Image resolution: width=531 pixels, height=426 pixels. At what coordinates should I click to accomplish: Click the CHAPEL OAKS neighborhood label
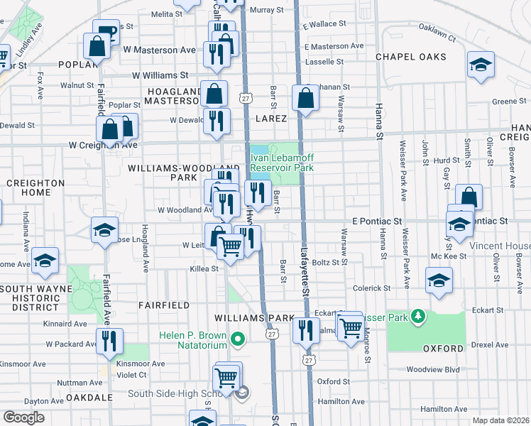coord(410,57)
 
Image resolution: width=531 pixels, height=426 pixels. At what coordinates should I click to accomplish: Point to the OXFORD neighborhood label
coord(442,349)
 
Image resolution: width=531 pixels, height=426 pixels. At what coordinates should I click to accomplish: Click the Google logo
coord(23,417)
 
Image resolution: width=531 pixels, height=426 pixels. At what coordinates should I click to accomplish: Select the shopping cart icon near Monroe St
coord(350,327)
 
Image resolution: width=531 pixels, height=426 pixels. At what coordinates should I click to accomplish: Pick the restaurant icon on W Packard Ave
coord(109,341)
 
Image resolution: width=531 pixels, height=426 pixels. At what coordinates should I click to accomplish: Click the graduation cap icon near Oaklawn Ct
coord(481,65)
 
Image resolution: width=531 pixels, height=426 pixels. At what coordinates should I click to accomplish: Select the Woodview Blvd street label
coord(433,370)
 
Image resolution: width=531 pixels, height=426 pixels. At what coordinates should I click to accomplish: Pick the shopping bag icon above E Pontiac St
coord(469,197)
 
